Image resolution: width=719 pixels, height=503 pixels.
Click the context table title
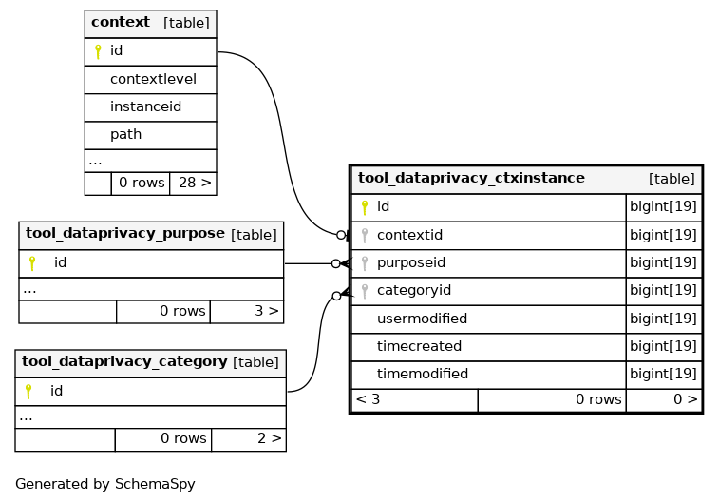point(121,22)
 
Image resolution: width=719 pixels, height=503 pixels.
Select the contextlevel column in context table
point(153,79)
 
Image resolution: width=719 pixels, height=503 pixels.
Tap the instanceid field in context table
point(146,106)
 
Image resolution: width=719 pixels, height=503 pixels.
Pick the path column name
point(125,134)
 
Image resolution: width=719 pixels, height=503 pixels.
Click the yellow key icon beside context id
point(98,51)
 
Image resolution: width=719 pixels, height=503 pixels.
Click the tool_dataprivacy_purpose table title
point(125,234)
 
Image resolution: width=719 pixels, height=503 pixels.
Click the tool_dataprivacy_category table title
point(124,361)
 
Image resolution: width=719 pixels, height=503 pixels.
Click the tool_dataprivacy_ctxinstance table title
point(471,178)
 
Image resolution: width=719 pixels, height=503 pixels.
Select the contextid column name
point(409,235)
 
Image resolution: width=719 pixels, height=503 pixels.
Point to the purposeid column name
point(411,263)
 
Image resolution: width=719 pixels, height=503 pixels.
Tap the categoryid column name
point(413,291)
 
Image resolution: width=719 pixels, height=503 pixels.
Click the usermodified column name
point(422,319)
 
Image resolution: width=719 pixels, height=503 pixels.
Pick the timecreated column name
point(419,346)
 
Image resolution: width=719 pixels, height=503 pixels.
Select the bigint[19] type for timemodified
point(663,374)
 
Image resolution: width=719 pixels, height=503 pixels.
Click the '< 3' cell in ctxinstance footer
point(369,399)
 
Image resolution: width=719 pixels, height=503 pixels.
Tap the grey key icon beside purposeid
point(365,263)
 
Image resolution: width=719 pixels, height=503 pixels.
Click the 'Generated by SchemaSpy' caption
point(105,484)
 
